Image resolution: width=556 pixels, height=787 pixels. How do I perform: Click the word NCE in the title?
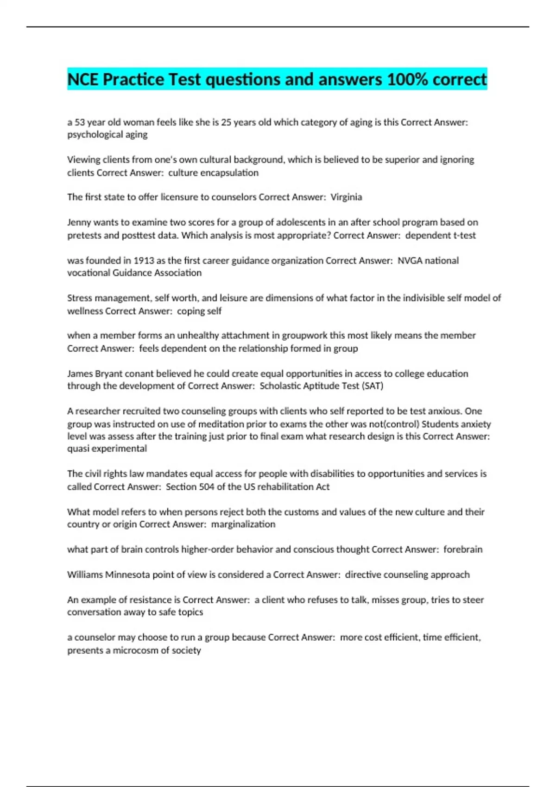[x=83, y=80]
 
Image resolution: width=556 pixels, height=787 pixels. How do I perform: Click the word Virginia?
[x=346, y=197]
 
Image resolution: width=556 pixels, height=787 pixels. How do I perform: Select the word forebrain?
[x=463, y=550]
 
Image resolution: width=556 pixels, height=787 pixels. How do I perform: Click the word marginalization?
[x=243, y=525]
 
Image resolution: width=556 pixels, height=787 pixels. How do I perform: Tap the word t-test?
[x=463, y=236]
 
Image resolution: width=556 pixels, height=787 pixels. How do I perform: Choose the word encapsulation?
[x=229, y=173]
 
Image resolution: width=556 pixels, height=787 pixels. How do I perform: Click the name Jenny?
[x=79, y=223]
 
